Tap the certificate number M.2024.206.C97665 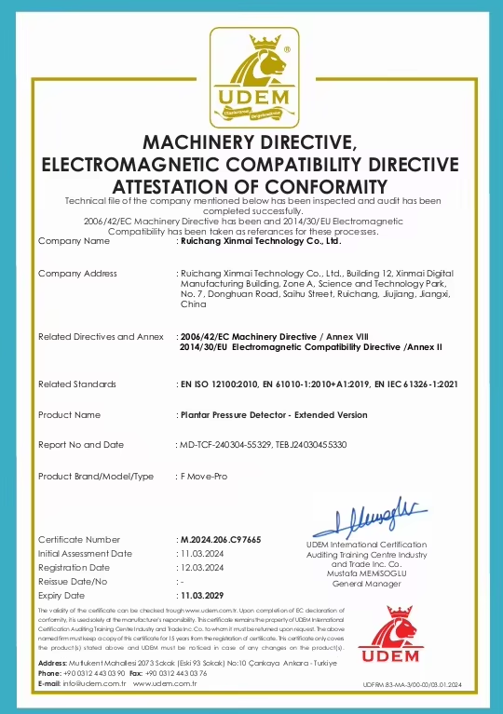click(x=220, y=540)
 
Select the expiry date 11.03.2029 click(x=204, y=594)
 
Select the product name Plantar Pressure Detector click(x=254, y=414)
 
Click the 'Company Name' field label click(x=74, y=240)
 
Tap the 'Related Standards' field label click(x=77, y=384)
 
